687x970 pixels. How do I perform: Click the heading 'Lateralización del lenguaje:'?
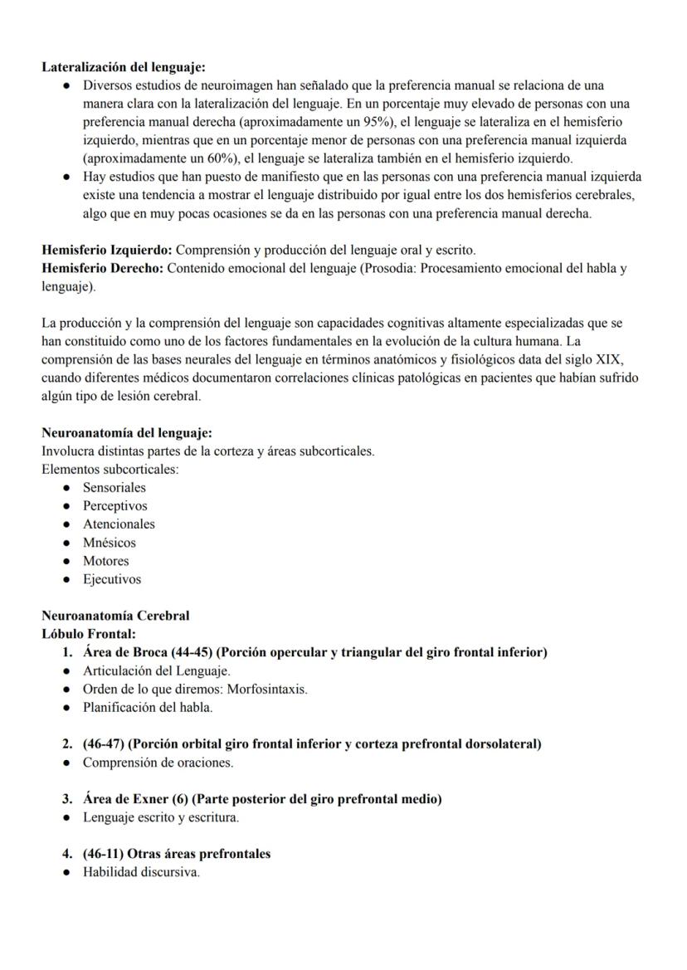point(124,67)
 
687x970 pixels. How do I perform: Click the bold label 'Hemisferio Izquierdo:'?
point(107,250)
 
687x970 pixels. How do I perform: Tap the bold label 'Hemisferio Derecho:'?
point(103,268)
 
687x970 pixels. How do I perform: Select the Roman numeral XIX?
point(608,360)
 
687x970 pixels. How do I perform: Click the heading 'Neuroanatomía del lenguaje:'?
point(127,433)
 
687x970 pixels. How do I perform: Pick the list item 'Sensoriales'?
point(114,488)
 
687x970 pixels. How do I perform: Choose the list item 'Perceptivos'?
point(114,506)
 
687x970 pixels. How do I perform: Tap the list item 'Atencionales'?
point(119,524)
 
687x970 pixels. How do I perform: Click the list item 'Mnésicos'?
point(109,543)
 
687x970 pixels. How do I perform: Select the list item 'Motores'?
point(105,561)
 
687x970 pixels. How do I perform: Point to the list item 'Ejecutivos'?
point(111,579)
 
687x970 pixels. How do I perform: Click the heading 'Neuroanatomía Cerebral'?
point(115,616)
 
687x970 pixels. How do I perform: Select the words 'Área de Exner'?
point(124,799)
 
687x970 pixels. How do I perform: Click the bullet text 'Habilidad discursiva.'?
point(141,872)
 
